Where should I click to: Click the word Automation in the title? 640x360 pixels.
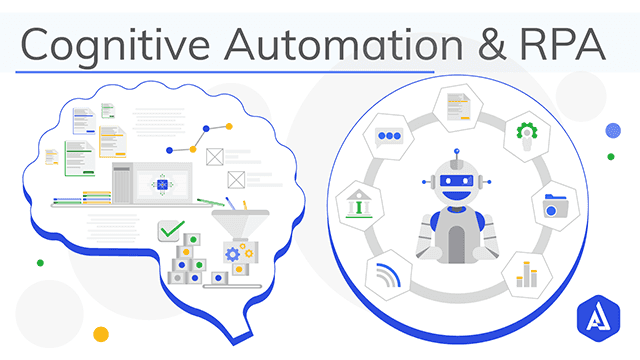tap(323, 44)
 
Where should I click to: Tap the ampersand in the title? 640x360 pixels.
tap(467, 44)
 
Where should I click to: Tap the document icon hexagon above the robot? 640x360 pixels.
tap(457, 99)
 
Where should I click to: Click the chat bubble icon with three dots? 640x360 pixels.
tap(389, 133)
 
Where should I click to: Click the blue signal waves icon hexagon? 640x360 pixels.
tap(389, 271)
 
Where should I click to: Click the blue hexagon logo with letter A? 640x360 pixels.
tap(599, 321)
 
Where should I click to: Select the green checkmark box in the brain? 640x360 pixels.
tap(172, 232)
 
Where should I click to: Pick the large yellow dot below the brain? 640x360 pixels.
tap(100, 333)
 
